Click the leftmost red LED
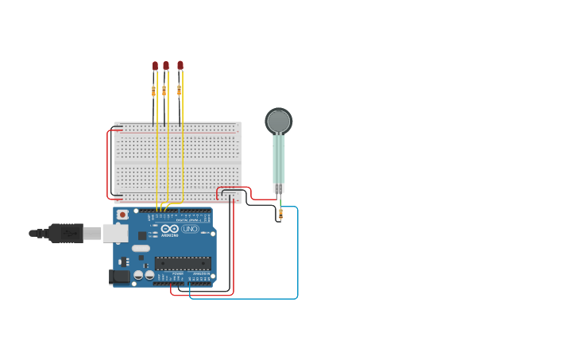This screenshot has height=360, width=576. click(155, 66)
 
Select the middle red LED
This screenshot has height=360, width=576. click(166, 66)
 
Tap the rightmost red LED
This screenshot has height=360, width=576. click(180, 65)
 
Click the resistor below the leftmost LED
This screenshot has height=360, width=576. click(153, 91)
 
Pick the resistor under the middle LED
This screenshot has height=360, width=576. click(164, 91)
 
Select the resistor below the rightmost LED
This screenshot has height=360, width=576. click(179, 90)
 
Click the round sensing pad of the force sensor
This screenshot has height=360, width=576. click(278, 121)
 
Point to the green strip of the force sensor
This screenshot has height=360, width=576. click(278, 159)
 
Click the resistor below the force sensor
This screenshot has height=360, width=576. click(280, 213)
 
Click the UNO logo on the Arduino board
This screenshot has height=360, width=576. click(190, 229)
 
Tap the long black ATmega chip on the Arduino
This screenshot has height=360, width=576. click(183, 263)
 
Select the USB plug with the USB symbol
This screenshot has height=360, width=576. click(67, 233)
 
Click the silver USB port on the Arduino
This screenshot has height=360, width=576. click(115, 233)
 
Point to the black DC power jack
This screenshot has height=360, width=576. click(118, 276)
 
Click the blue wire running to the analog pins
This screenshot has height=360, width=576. click(297, 254)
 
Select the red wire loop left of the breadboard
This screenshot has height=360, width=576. click(108, 165)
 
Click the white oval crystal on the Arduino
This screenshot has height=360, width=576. click(141, 249)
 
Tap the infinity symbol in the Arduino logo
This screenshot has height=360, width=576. click(169, 229)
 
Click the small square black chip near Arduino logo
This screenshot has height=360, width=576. click(142, 235)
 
